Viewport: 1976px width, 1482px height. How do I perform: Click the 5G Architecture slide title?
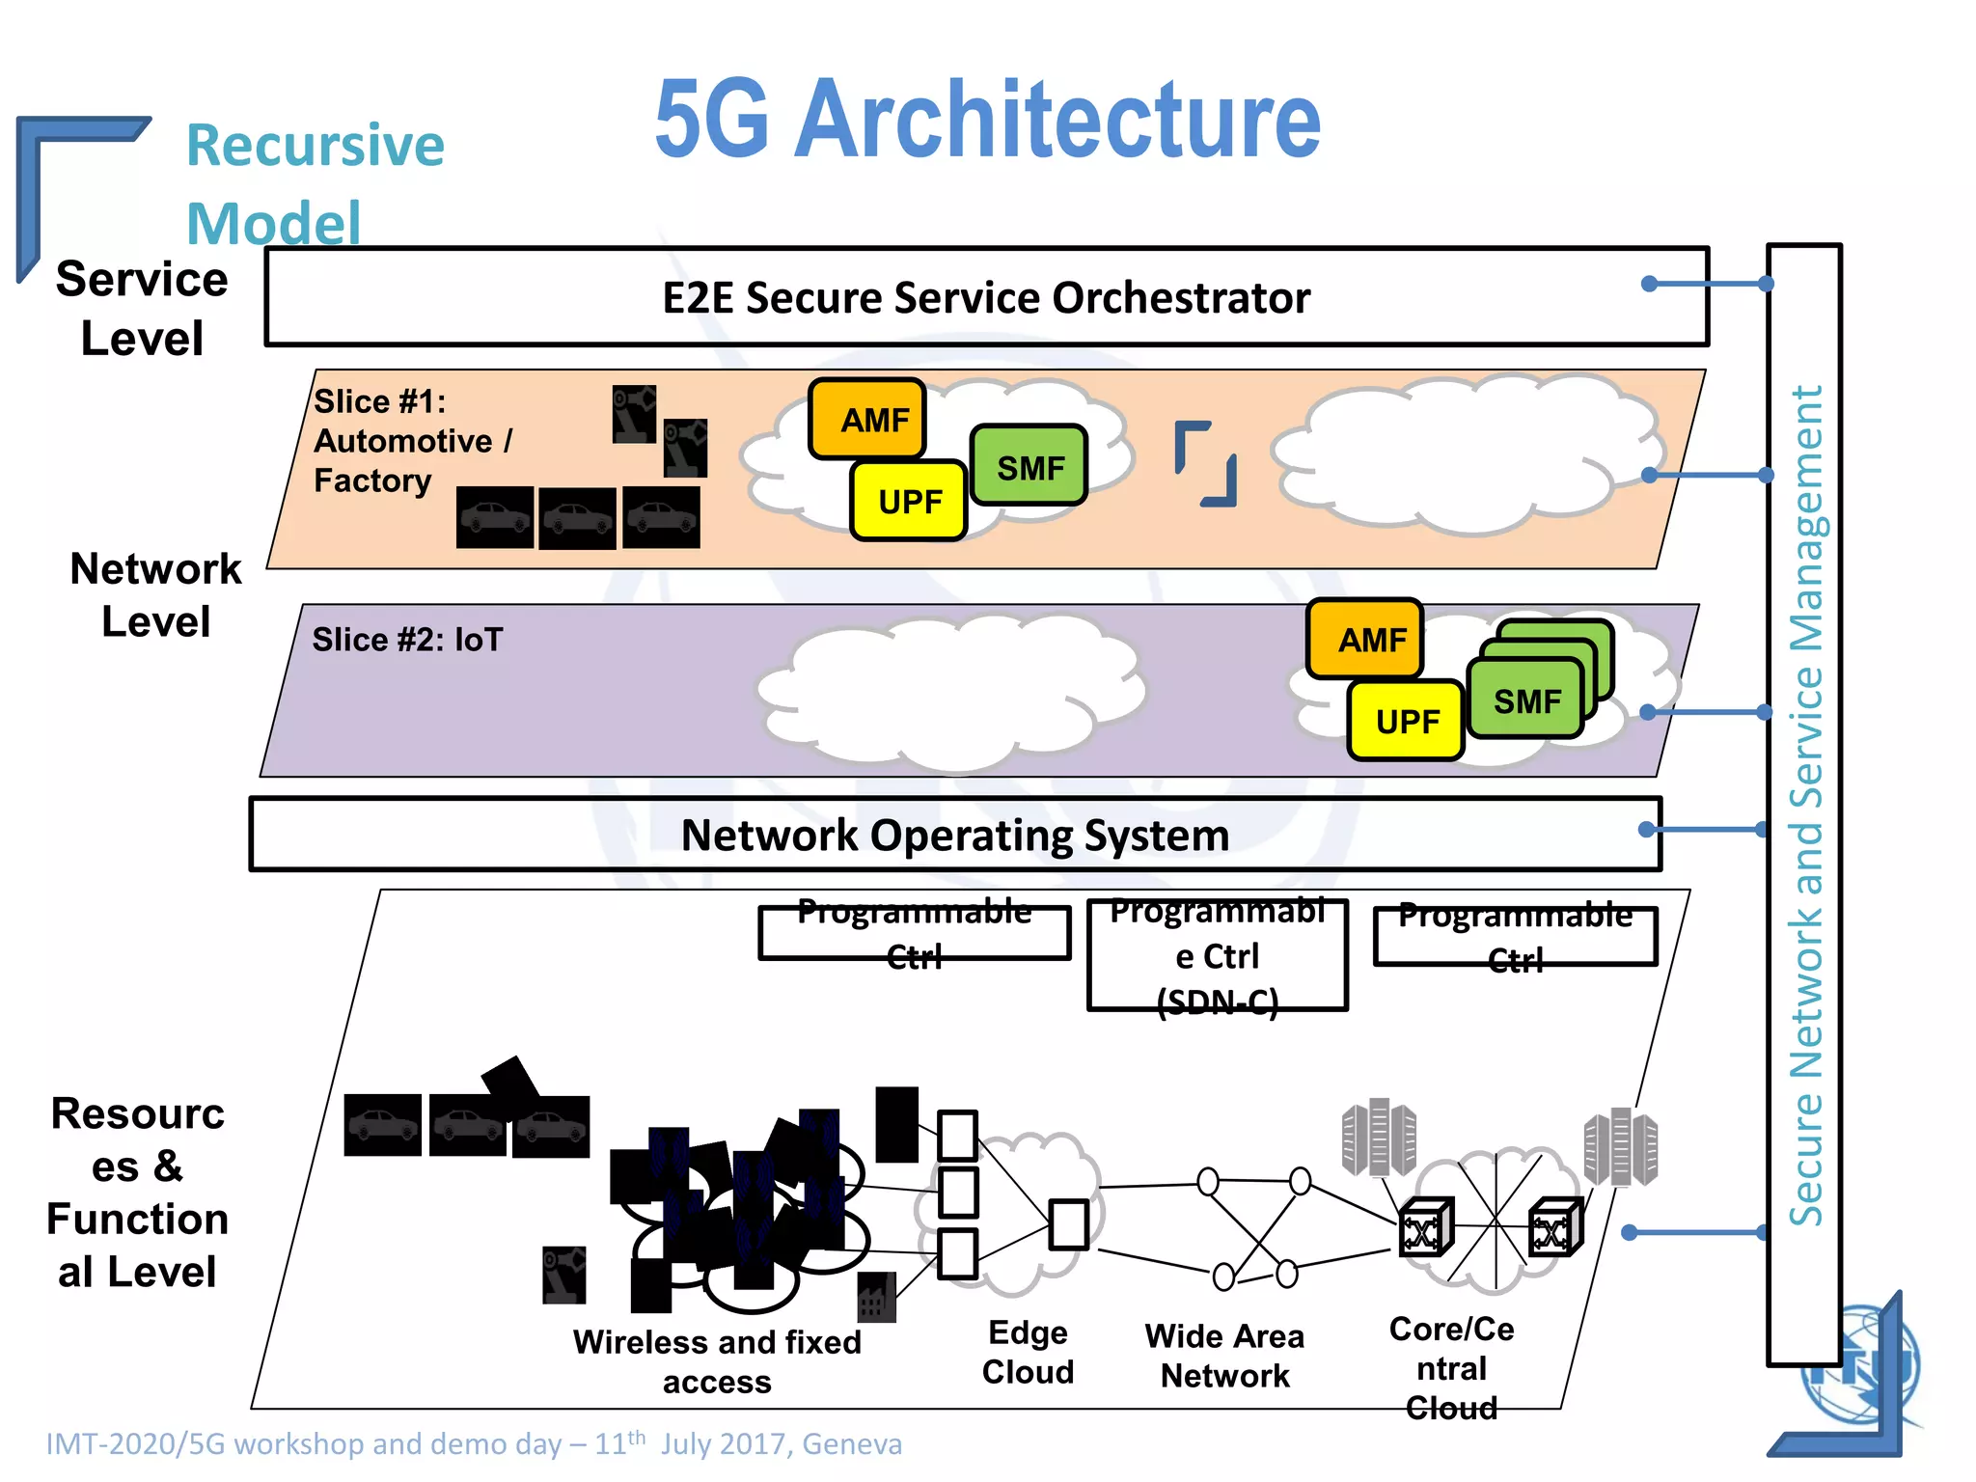987,120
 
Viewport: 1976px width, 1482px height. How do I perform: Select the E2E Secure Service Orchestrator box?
985,297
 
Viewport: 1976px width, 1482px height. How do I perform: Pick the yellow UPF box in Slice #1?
909,501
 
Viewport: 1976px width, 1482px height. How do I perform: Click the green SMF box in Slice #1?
1029,467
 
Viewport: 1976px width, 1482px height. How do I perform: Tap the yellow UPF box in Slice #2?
1406,721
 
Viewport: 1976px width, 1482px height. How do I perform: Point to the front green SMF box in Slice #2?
1525,700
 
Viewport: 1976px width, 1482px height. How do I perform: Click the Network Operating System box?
954,835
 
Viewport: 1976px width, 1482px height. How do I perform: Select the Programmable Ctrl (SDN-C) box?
1218,955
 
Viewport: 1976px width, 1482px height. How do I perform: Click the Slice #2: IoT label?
407,639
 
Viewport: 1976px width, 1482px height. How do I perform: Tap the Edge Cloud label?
1028,1352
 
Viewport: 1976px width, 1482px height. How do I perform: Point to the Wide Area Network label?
1224,1356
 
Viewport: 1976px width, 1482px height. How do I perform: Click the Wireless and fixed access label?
716,1360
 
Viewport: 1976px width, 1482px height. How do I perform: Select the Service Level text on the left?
142,308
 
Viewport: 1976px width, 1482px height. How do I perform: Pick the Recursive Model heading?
314,183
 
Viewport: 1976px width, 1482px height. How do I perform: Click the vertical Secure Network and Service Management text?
1805,805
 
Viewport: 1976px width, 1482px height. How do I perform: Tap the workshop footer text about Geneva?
474,1443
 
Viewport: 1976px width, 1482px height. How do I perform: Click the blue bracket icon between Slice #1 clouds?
1205,463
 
